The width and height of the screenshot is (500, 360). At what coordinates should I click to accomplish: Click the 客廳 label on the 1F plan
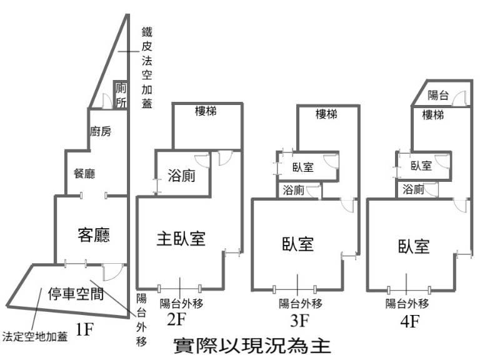(94, 235)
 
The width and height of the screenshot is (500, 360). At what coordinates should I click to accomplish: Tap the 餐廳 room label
(84, 174)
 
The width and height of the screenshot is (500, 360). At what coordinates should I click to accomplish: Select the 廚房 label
(101, 131)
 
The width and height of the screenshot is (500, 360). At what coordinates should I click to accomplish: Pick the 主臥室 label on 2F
(181, 238)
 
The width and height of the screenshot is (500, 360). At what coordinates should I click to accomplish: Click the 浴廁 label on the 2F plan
(181, 177)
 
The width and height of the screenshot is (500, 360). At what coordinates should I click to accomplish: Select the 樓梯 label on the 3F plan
(327, 114)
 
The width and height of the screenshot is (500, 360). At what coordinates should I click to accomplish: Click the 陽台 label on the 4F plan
(438, 96)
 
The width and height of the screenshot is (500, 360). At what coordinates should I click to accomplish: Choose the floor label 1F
(84, 329)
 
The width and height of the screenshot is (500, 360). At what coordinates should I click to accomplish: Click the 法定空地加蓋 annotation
(35, 336)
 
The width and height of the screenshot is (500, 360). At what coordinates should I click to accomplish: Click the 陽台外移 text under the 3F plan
(301, 304)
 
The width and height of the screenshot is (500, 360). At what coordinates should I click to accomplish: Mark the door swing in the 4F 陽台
(459, 97)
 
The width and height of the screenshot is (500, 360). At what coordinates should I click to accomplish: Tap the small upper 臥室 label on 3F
(303, 167)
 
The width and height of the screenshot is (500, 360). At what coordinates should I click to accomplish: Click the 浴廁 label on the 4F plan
(413, 189)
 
